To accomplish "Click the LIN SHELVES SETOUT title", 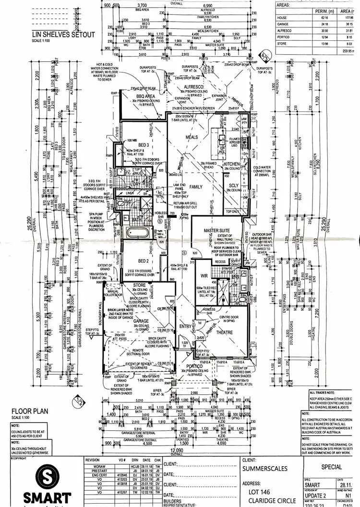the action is (63, 35).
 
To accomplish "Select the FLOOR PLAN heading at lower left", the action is (28, 411).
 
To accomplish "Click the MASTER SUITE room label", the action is (217, 230).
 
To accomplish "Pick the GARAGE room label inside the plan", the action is (141, 321).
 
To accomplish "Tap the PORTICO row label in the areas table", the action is (284, 36).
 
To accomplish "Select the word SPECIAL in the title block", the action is (331, 467).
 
